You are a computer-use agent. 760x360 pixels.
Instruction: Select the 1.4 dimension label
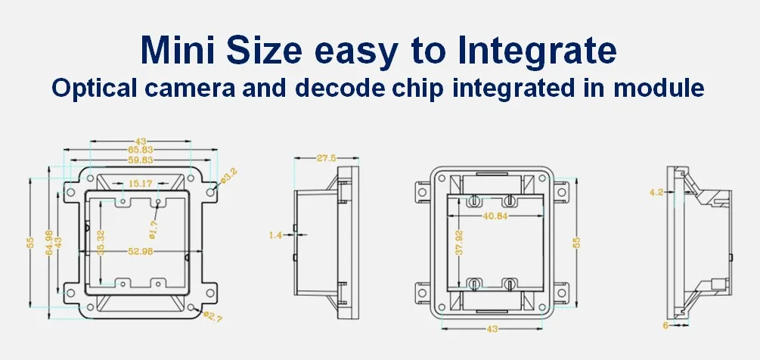[275, 236]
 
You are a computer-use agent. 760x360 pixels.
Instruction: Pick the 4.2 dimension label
[656, 192]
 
